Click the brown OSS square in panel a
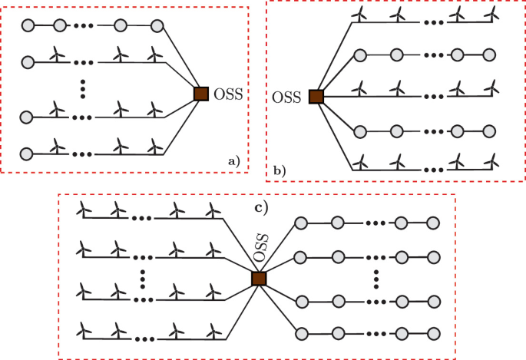(x=200, y=94)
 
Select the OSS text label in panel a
(x=227, y=94)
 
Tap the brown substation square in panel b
(x=316, y=97)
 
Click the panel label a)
(x=233, y=160)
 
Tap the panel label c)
(x=263, y=205)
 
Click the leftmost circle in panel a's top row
(x=28, y=26)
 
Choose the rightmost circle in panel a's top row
(x=157, y=26)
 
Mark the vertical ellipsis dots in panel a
(x=82, y=86)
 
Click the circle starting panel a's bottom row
(x=28, y=151)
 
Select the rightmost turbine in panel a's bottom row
(x=155, y=145)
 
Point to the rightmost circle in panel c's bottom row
(x=434, y=334)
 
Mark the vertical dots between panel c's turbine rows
(x=143, y=278)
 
